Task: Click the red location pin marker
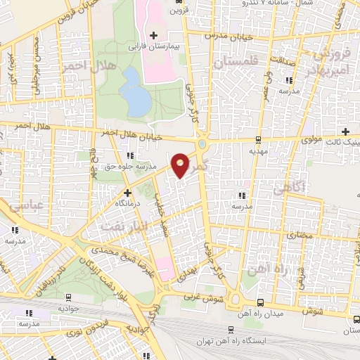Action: click(181, 165)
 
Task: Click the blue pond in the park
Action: click(134, 91)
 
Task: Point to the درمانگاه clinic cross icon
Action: click(127, 192)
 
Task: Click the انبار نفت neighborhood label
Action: click(122, 226)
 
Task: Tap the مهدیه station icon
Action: click(259, 139)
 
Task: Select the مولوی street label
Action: click(312, 140)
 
